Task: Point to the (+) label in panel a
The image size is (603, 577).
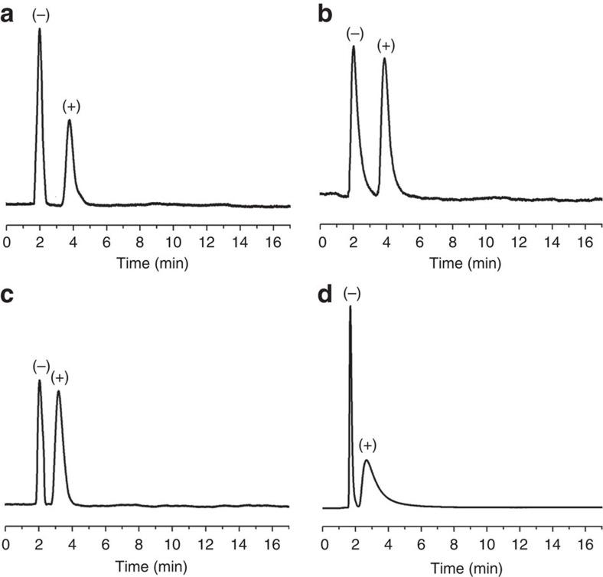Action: point(71,106)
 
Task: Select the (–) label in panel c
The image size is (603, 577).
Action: point(41,367)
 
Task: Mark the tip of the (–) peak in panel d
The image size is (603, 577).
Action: point(350,308)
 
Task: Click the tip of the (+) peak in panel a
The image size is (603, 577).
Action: point(70,120)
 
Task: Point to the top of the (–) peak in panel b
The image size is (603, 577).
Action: point(354,47)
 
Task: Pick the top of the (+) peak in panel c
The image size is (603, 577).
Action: point(58,392)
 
